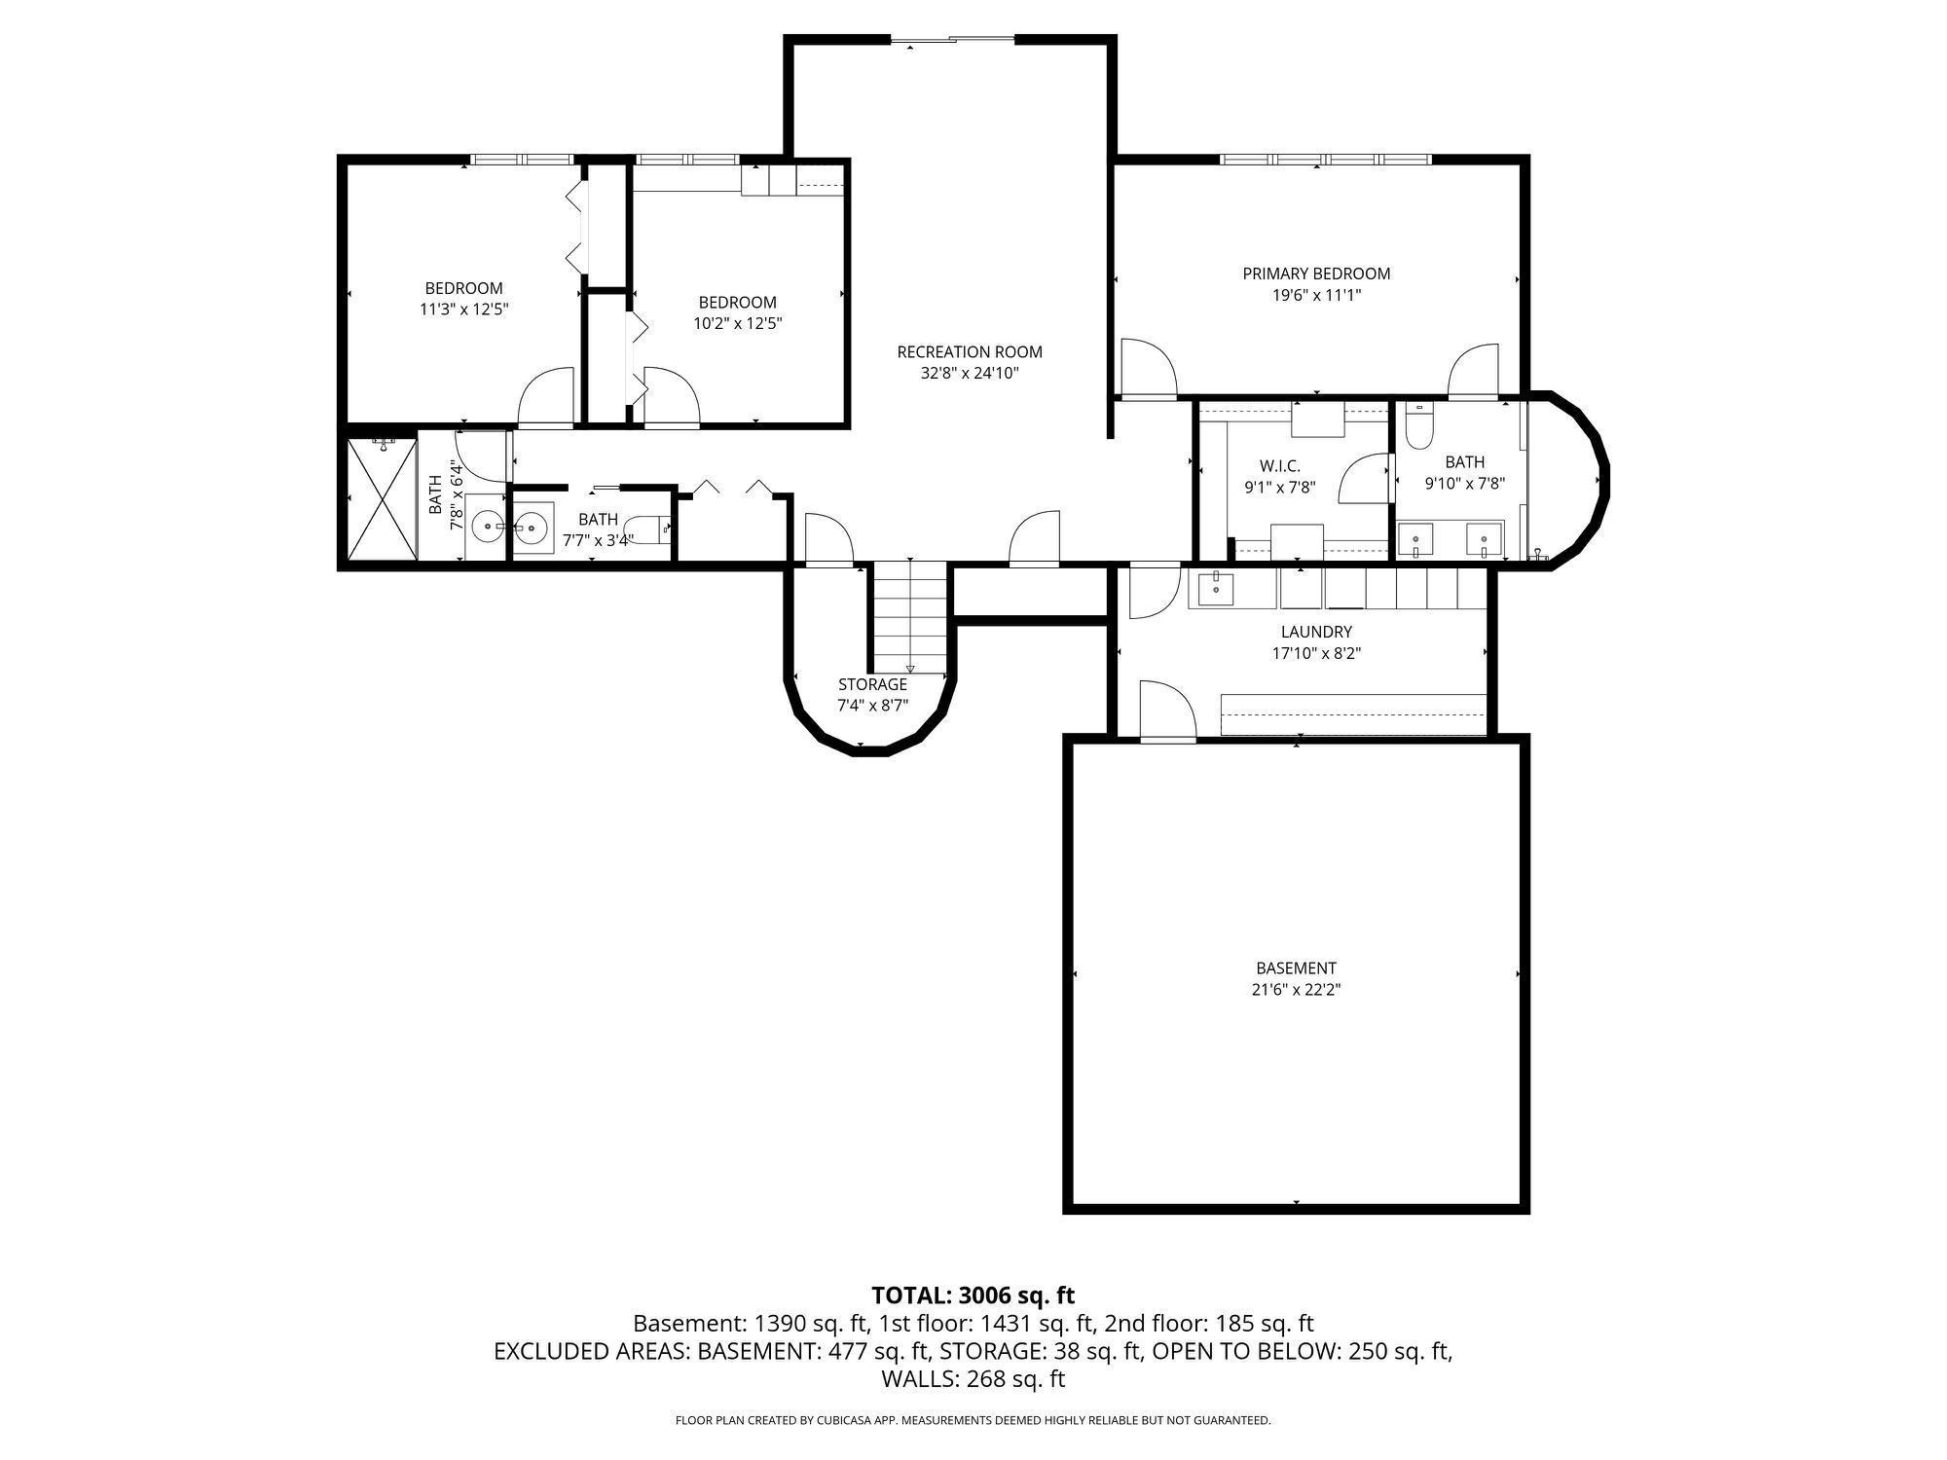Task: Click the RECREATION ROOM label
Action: click(969, 352)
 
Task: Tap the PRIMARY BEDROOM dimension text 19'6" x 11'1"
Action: click(1316, 295)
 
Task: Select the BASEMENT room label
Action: click(1296, 967)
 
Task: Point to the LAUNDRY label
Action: click(1316, 632)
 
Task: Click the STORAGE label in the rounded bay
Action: click(872, 684)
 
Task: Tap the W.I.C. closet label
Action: click(1279, 466)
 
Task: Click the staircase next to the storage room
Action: click(909, 617)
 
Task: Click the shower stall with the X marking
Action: click(381, 498)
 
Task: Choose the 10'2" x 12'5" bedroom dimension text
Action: click(738, 323)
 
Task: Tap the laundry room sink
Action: click(1216, 587)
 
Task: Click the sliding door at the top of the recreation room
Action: click(952, 40)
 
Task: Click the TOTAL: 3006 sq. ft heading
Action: click(973, 1296)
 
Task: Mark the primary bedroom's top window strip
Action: click(1326, 159)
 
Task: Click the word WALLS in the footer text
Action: click(919, 1378)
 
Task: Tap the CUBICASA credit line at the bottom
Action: click(973, 1420)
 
